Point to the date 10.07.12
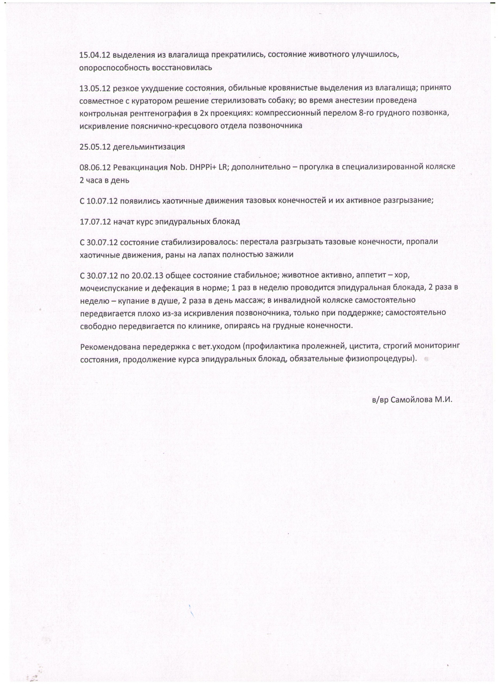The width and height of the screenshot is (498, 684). click(x=102, y=201)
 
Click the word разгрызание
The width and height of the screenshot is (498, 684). click(x=408, y=201)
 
